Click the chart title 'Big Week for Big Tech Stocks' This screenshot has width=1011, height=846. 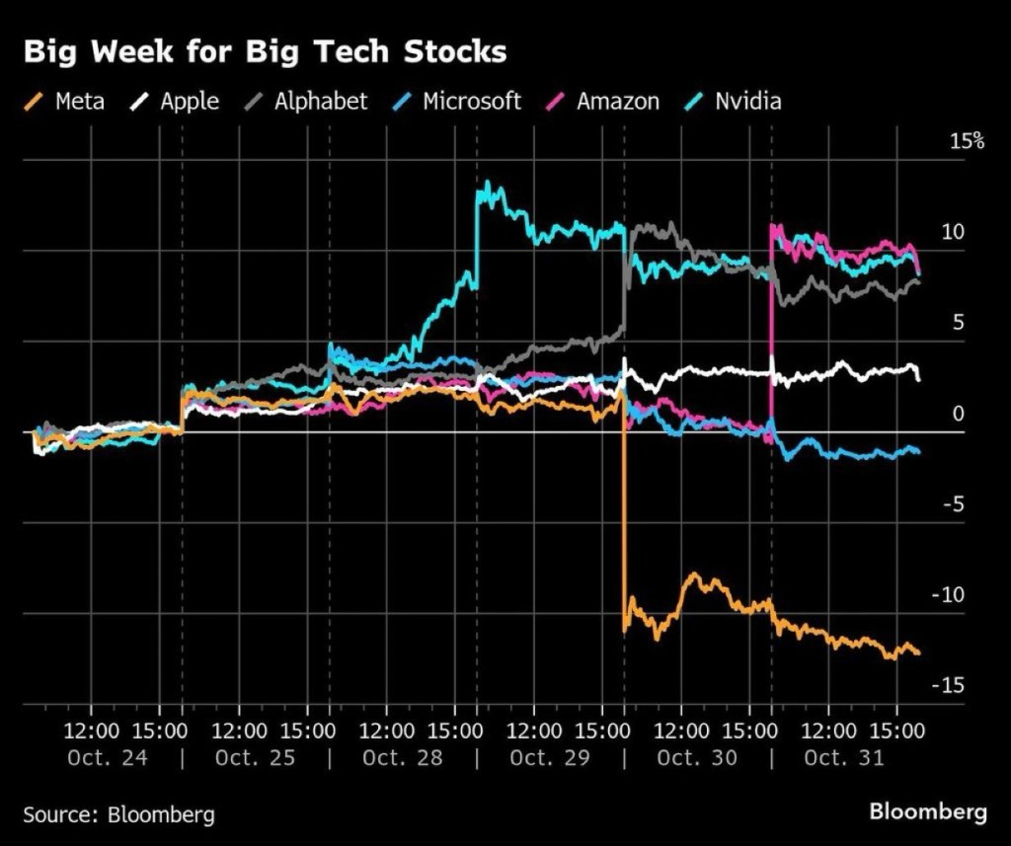click(265, 52)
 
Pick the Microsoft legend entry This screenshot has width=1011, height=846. click(457, 101)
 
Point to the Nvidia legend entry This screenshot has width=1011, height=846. click(735, 101)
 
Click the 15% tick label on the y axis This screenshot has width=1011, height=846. click(967, 141)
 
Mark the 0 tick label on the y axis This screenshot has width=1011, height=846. click(957, 414)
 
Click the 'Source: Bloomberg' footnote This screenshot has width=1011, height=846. click(118, 814)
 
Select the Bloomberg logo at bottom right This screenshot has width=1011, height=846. click(927, 812)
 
